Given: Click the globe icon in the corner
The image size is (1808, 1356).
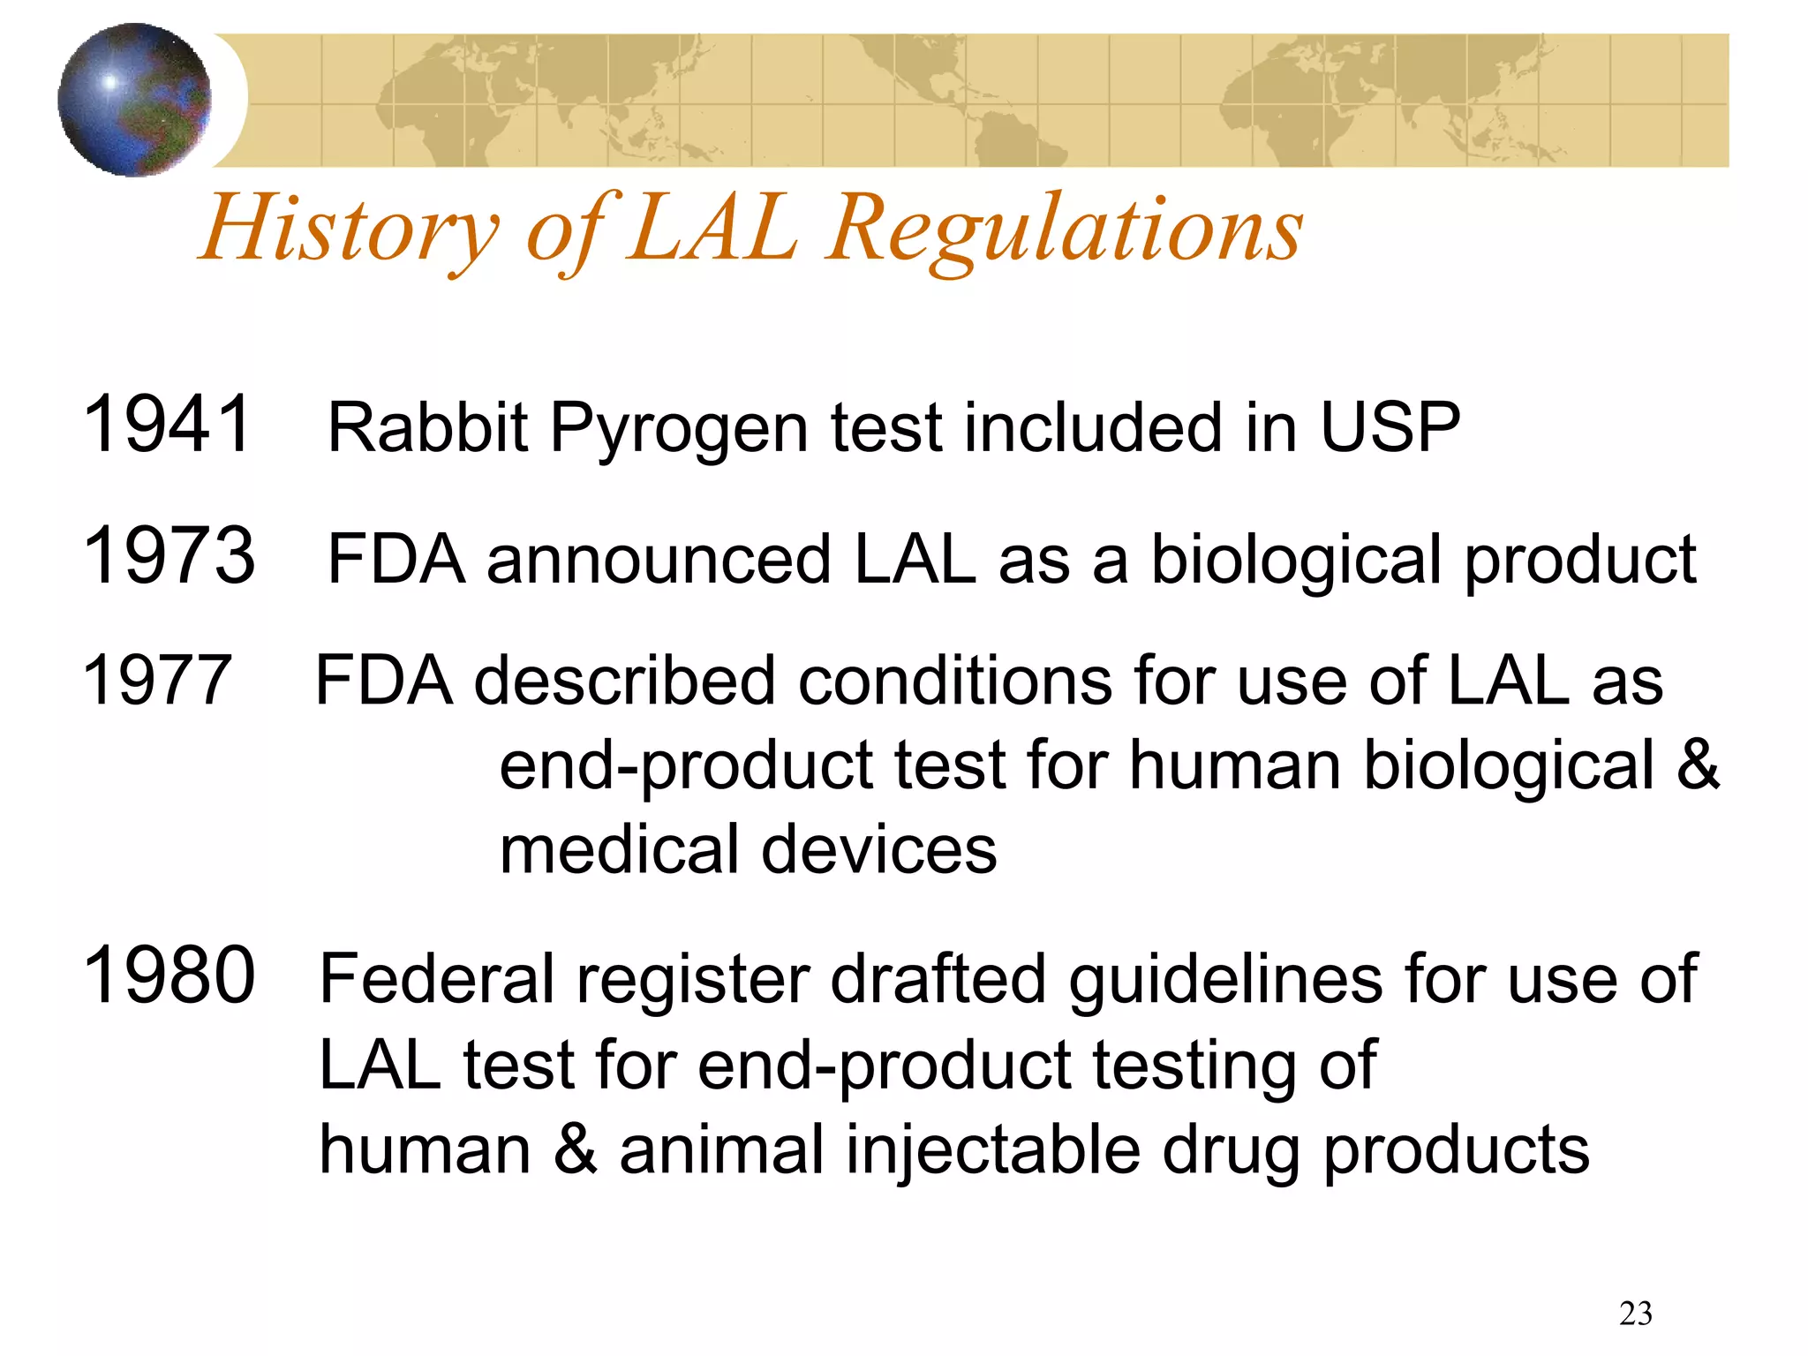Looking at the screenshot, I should tap(134, 100).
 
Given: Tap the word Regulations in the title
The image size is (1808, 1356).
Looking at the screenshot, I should tap(1064, 230).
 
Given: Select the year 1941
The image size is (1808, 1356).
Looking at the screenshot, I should tap(168, 425).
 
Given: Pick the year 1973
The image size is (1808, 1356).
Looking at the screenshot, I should tap(168, 555).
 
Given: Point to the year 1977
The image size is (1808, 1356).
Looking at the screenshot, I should tap(156, 681).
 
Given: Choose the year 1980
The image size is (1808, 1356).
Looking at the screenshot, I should tap(168, 975).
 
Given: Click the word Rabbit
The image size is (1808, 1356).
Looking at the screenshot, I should tap(427, 427).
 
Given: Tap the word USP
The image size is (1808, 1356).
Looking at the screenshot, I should tap(1390, 427).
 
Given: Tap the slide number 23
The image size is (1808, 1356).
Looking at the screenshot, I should tap(1635, 1314).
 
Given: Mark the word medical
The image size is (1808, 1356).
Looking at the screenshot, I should tap(618, 849).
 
